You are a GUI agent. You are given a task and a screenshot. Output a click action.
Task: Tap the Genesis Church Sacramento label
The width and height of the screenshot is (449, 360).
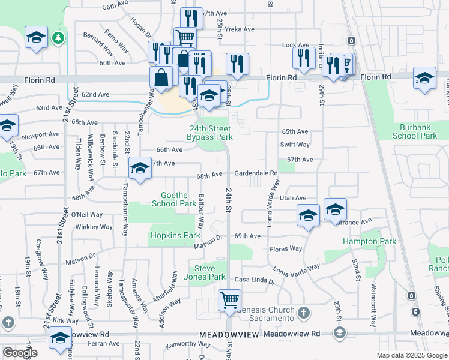[x=261, y=317]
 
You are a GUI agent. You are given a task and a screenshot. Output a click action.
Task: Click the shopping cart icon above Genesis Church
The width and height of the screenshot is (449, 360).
[x=229, y=299]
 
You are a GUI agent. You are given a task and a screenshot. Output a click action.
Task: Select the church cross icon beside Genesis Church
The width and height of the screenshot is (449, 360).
[x=304, y=313]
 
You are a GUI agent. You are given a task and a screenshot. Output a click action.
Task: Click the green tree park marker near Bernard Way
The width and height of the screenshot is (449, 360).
[x=58, y=38]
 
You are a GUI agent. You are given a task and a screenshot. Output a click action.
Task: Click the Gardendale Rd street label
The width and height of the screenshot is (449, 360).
[x=256, y=173]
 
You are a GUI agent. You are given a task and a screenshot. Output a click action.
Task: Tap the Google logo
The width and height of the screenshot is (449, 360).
[x=19, y=352]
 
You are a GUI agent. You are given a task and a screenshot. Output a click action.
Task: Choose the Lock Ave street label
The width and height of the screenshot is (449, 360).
[x=295, y=45]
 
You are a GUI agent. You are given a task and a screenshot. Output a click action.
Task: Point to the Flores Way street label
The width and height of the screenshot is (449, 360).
[x=285, y=248]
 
